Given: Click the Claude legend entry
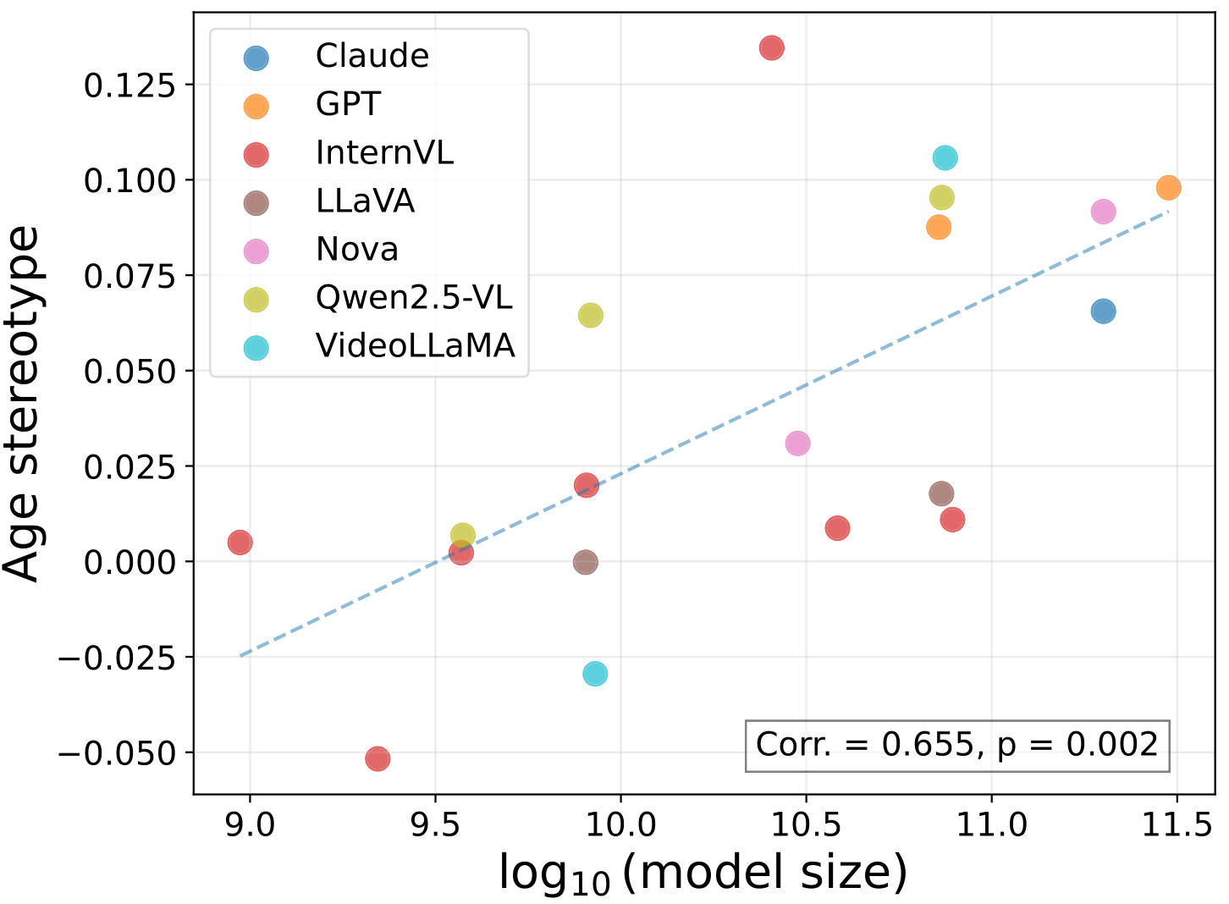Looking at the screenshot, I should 372,57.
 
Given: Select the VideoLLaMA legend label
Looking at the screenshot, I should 415,346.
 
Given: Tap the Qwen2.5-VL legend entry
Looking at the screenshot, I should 414,298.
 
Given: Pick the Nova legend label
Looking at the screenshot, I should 356,250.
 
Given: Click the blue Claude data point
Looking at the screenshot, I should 1103,311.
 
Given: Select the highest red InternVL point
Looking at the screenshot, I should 771,48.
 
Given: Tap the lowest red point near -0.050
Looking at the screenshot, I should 378,758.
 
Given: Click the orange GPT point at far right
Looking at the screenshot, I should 1168,188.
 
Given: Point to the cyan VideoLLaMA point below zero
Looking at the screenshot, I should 595,674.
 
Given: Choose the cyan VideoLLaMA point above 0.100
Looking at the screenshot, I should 945,158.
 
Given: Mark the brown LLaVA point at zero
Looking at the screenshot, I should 585,562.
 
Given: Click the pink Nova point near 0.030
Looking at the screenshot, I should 797,444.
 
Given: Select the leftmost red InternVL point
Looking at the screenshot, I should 240,543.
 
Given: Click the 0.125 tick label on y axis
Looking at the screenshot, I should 129,85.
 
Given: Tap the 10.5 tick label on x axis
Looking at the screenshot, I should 806,824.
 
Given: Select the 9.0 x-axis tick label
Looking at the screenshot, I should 251,824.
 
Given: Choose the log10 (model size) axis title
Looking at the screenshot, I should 703,874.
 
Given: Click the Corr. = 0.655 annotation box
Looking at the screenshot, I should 956,745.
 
